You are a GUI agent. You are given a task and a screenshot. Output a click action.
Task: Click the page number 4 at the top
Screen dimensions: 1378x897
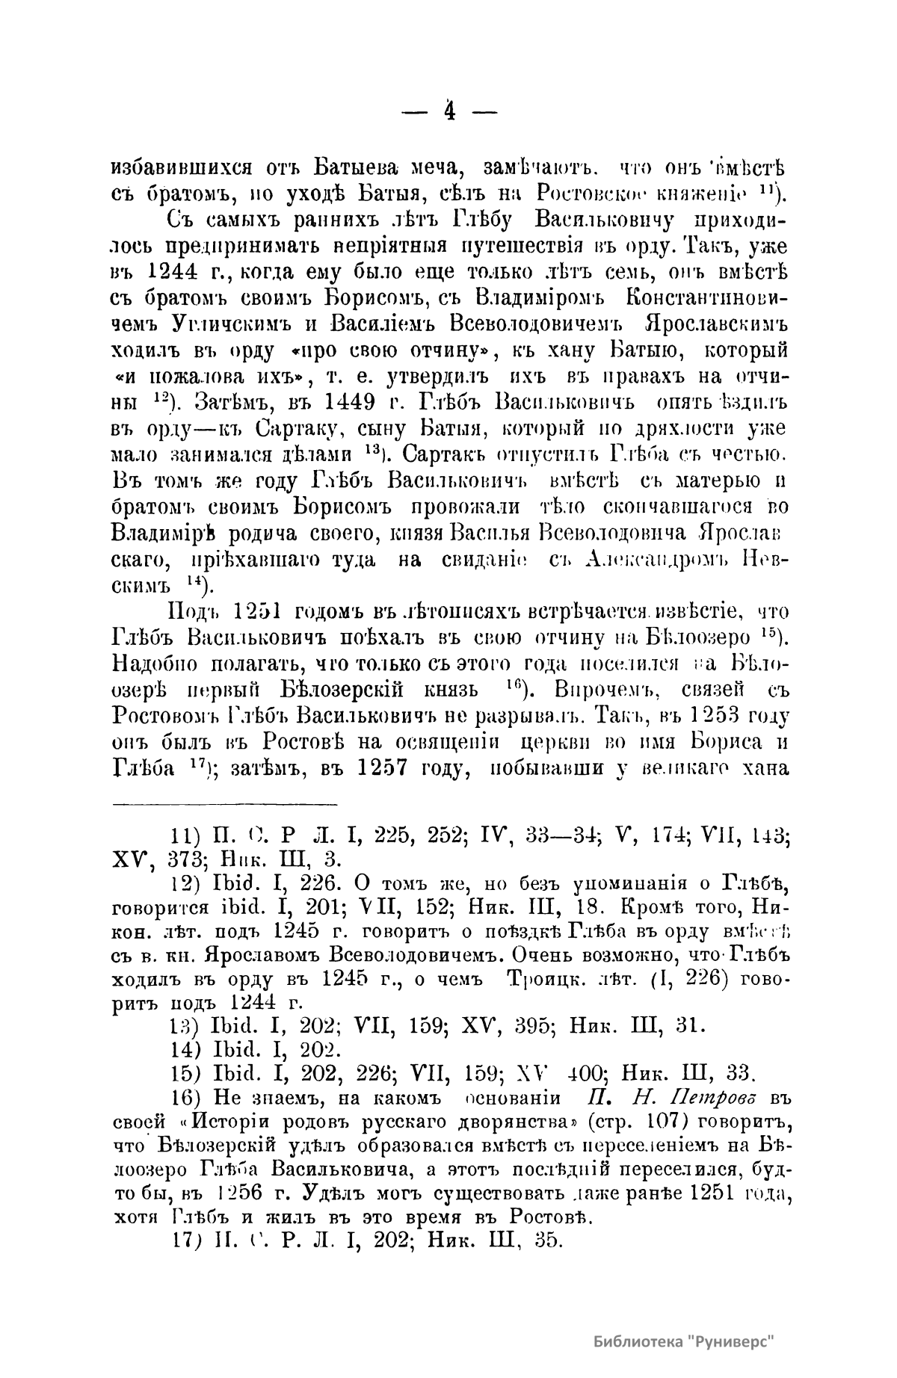(x=450, y=110)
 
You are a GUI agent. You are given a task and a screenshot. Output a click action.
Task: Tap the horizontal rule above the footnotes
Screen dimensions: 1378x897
(x=225, y=805)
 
